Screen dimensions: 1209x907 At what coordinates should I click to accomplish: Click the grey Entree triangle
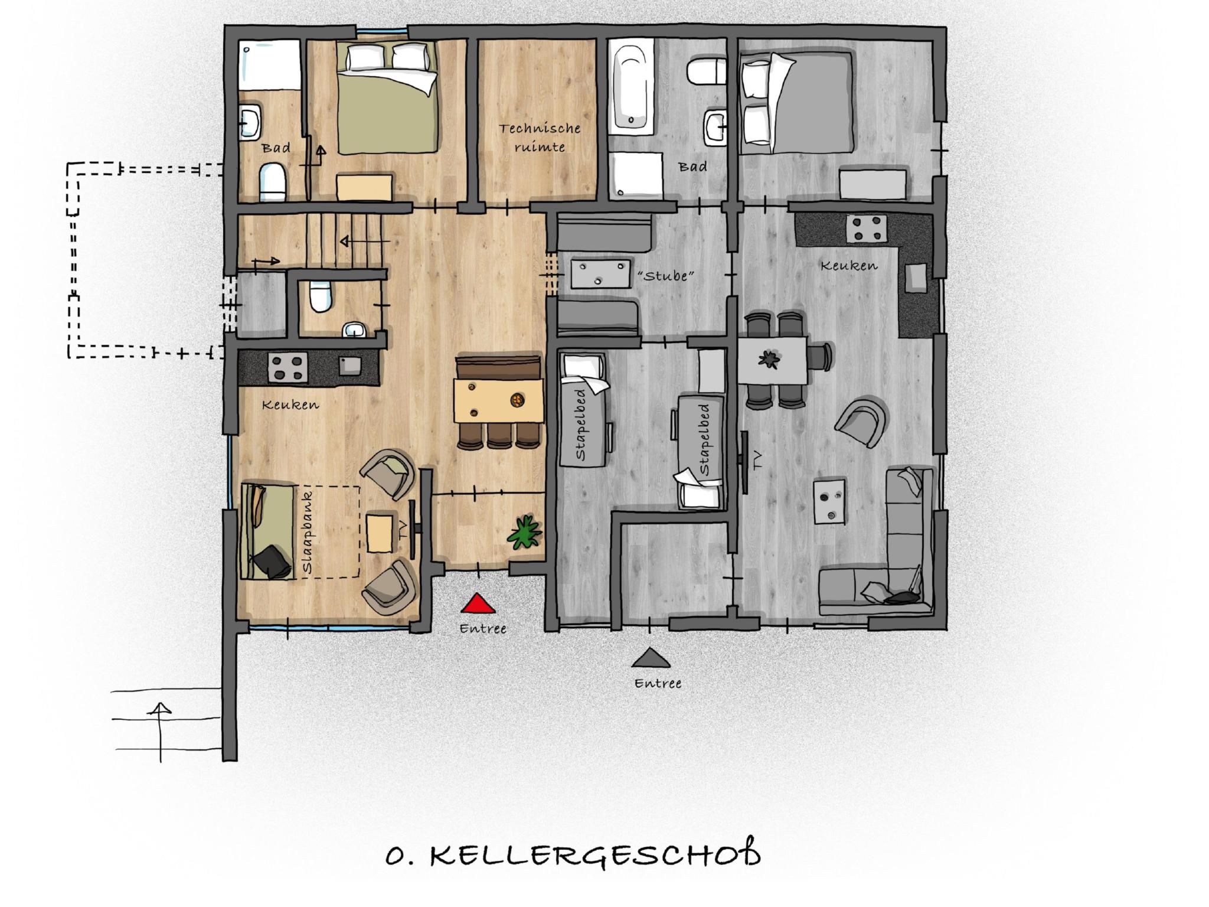(651, 657)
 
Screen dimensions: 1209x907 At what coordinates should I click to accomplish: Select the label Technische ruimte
(540, 137)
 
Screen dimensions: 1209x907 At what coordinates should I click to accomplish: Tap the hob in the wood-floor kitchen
(288, 367)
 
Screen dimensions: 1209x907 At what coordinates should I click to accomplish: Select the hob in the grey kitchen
(867, 229)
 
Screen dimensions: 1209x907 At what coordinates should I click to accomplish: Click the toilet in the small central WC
(321, 296)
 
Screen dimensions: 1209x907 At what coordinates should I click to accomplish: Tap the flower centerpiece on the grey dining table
(769, 360)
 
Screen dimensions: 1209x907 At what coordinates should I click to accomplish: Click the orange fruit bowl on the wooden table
(517, 400)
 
